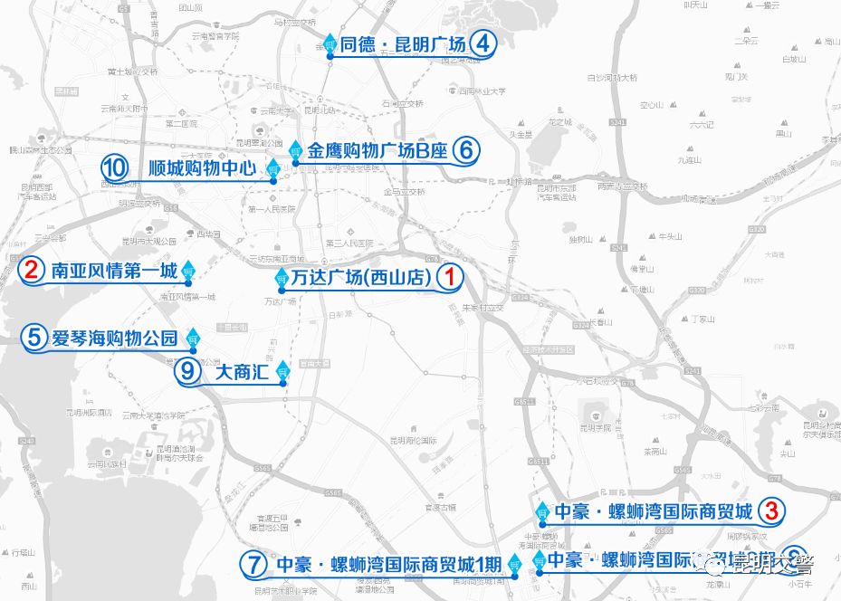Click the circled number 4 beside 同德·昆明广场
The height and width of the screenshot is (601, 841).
(484, 43)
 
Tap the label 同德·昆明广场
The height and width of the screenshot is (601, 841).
(403, 44)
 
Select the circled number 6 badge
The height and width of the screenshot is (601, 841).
(464, 150)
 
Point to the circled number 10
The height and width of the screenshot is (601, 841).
(115, 167)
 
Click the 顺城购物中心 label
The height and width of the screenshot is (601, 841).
(203, 168)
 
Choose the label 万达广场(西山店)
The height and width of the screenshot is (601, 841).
(361, 279)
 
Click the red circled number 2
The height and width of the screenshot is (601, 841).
(33, 270)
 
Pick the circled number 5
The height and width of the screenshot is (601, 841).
(34, 338)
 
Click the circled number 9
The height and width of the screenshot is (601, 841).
(187, 370)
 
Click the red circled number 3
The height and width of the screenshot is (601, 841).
(771, 511)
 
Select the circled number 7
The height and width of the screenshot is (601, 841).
(254, 564)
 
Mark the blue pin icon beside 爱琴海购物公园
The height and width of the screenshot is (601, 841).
(193, 337)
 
